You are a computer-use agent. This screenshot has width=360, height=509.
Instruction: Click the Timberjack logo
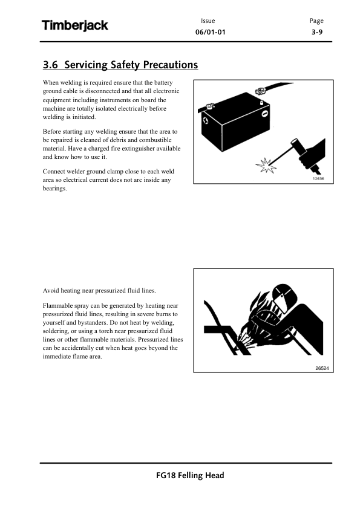pyautogui.click(x=75, y=25)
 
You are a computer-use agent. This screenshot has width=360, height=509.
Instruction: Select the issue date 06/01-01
pyautogui.click(x=210, y=32)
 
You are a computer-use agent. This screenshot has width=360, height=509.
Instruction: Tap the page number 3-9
pyautogui.click(x=317, y=32)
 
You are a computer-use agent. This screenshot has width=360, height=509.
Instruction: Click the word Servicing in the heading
pyautogui.click(x=86, y=65)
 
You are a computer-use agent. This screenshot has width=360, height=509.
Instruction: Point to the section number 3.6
pyautogui.click(x=50, y=65)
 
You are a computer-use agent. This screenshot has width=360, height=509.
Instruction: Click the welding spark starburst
pyautogui.click(x=266, y=166)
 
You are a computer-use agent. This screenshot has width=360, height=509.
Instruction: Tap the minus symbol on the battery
pyautogui.click(x=265, y=114)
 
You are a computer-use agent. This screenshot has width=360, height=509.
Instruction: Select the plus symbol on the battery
pyautogui.click(x=205, y=120)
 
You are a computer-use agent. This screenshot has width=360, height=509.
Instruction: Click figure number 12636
pyautogui.click(x=318, y=179)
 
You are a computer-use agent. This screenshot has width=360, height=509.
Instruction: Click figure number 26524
pyautogui.click(x=322, y=368)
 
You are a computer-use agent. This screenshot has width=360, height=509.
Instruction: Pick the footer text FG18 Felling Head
pyautogui.click(x=190, y=476)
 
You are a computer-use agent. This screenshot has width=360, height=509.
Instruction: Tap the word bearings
pyautogui.click(x=54, y=189)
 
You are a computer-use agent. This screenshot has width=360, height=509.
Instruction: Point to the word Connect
pyautogui.click(x=54, y=172)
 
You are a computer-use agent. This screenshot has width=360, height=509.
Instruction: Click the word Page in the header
pyautogui.click(x=316, y=21)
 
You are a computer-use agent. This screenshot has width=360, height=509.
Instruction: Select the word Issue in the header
pyautogui.click(x=208, y=21)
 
